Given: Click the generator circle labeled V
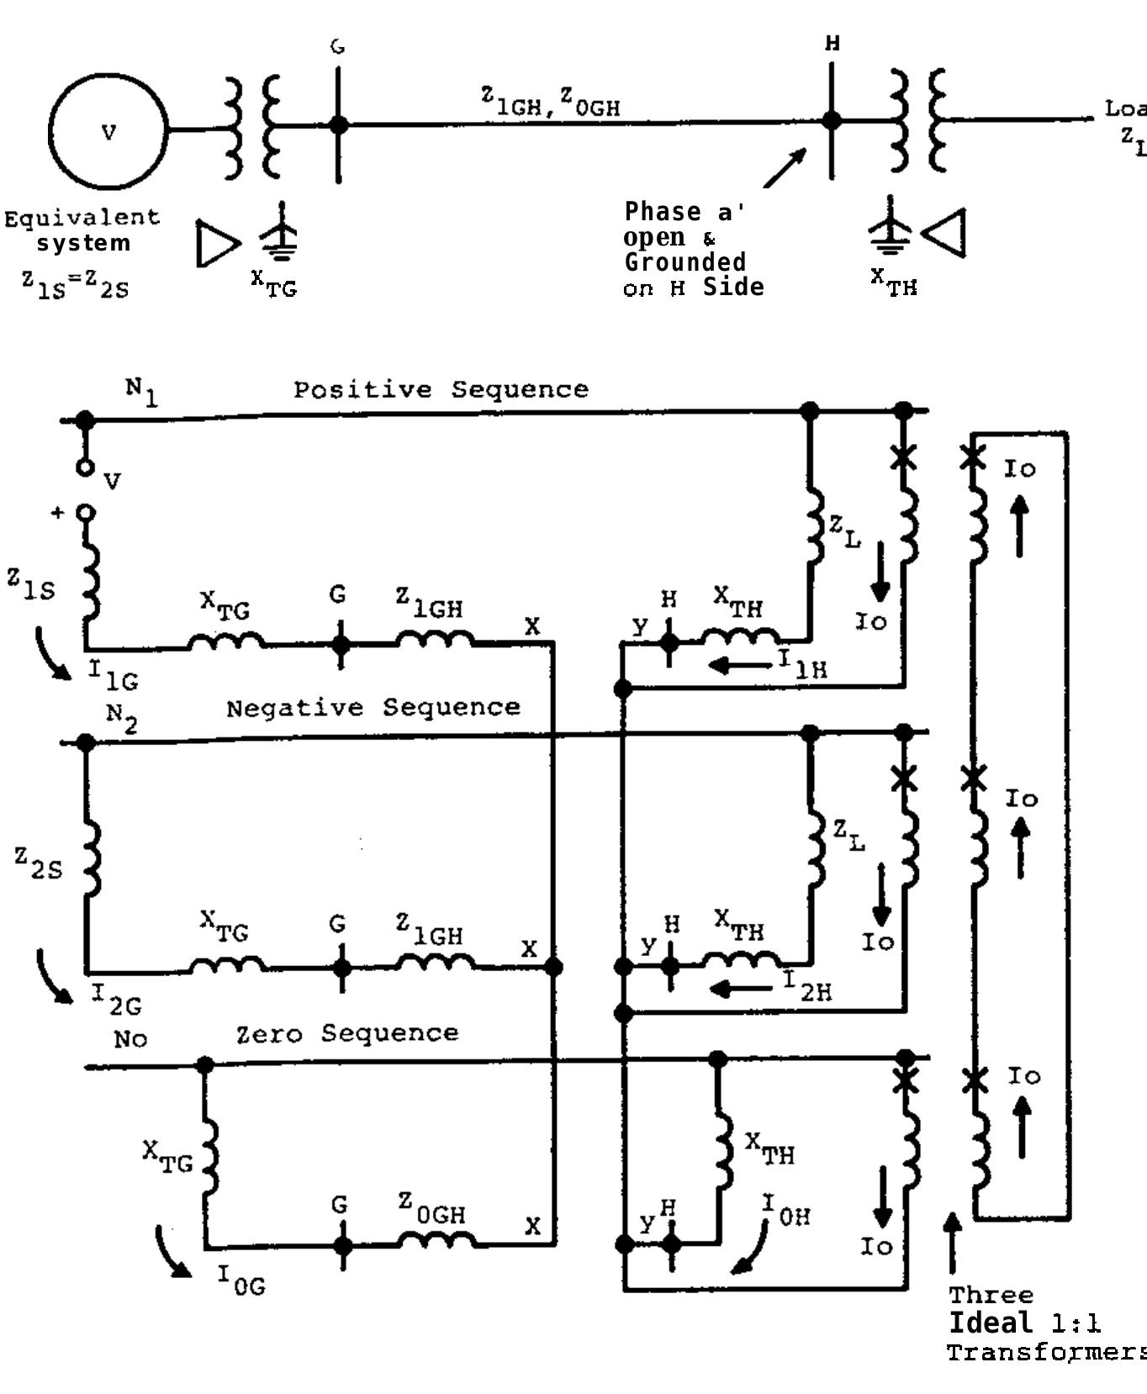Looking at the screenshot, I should (108, 131).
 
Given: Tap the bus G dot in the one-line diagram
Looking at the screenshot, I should (338, 124).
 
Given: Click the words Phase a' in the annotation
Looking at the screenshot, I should (684, 212).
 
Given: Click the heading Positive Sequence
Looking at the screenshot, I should (441, 389).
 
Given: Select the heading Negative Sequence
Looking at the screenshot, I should (373, 708).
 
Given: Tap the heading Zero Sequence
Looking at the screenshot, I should (347, 1033).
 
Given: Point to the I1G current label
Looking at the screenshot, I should (114, 674).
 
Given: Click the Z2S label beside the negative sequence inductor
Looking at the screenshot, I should (39, 863).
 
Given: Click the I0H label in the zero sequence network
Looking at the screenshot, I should (786, 1211).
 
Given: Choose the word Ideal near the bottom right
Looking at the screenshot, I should (991, 1323).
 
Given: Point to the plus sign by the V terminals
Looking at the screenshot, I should (57, 512).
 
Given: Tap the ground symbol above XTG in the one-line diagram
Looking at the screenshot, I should (279, 230).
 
